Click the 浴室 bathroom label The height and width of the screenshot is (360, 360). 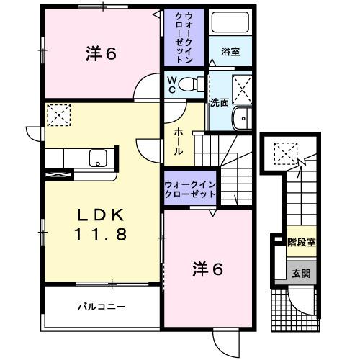(230, 52)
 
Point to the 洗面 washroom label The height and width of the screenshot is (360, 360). (219, 102)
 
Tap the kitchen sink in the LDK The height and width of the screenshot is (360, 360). (97, 158)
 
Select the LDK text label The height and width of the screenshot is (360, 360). (100, 215)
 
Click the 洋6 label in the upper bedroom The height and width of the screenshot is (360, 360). (102, 53)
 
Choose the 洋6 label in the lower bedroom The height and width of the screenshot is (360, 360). (207, 270)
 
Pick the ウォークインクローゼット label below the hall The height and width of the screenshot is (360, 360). (190, 189)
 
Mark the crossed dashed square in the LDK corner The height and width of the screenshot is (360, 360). (58, 114)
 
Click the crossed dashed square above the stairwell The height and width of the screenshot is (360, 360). (286, 153)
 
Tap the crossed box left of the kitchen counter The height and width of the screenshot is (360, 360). (55, 174)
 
